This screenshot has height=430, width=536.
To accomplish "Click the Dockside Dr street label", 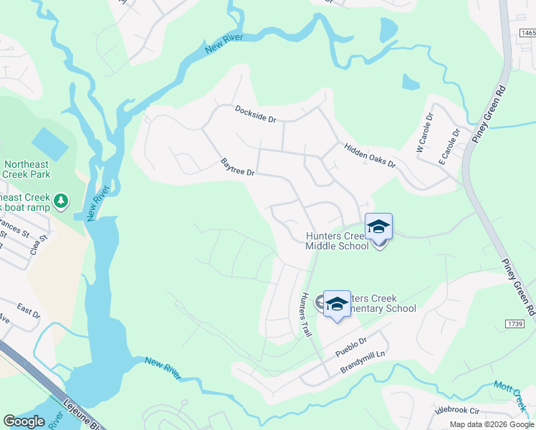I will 255,114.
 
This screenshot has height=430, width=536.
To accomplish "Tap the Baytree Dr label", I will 238,168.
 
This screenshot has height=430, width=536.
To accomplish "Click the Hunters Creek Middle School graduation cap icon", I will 378,227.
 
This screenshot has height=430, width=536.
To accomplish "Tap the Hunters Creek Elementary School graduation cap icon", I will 337,304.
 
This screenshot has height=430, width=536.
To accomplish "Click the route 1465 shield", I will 527,32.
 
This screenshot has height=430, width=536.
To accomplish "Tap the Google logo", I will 24,421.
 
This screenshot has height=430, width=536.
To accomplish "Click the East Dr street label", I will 29,312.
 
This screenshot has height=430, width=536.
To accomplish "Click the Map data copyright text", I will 492,424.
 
